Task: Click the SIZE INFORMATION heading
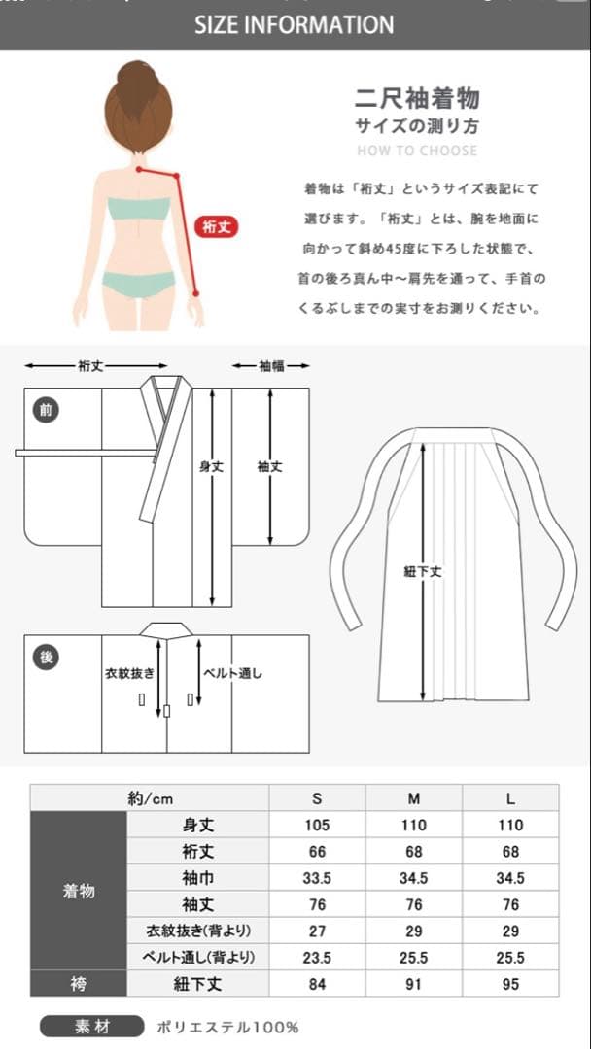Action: click(295, 25)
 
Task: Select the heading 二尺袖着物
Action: click(417, 99)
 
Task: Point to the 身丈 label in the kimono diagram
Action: click(212, 467)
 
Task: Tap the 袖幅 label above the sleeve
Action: click(271, 366)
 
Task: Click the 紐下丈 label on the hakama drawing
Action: click(423, 572)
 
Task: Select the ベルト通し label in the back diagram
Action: click(233, 673)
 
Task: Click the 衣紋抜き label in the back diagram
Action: click(130, 673)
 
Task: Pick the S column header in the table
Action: click(317, 798)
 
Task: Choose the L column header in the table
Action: click(510, 798)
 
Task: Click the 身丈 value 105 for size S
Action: click(317, 825)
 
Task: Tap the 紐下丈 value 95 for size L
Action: click(510, 984)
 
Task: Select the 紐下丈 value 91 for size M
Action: click(414, 984)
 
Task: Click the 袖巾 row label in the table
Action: click(198, 878)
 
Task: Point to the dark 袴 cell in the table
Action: click(79, 983)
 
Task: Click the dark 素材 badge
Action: click(91, 1027)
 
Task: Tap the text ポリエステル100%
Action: click(227, 1027)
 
